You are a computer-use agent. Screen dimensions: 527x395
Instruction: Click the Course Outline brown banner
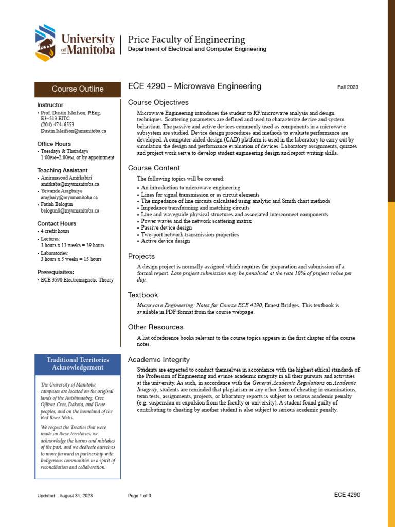pyautogui.click(x=77, y=89)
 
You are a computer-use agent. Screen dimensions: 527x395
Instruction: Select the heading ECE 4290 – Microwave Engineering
pyautogui.click(x=194, y=86)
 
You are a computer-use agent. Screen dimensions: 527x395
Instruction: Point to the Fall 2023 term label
pyautogui.click(x=348, y=87)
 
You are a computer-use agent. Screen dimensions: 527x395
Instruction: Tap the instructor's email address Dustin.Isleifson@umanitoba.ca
pyautogui.click(x=74, y=131)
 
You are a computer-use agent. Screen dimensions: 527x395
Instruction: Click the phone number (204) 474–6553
pyautogui.click(x=57, y=125)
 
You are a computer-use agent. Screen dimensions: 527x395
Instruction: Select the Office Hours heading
pyautogui.click(x=54, y=144)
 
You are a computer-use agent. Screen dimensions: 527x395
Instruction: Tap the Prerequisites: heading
pyautogui.click(x=56, y=272)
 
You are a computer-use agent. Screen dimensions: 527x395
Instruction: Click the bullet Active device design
pyautogui.click(x=166, y=241)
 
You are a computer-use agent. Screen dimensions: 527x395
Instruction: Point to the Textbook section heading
pyautogui.click(x=143, y=295)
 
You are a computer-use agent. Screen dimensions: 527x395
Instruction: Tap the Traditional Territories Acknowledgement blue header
pyautogui.click(x=77, y=364)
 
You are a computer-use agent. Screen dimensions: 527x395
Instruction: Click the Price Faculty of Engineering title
pyautogui.click(x=186, y=40)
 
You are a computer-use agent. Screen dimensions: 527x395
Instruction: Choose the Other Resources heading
pyautogui.click(x=155, y=327)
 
